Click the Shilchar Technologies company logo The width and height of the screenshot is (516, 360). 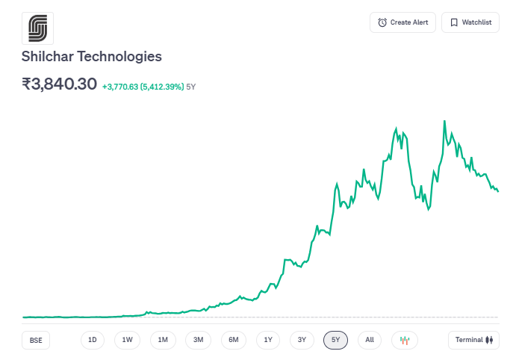pyautogui.click(x=37, y=28)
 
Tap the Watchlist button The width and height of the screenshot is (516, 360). pyautogui.click(x=470, y=22)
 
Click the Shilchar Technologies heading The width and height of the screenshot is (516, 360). pyautogui.click(x=92, y=56)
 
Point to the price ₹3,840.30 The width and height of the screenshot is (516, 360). pyautogui.click(x=60, y=84)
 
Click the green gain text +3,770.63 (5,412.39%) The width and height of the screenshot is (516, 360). pyautogui.click(x=143, y=87)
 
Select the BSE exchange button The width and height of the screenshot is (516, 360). pyautogui.click(x=36, y=340)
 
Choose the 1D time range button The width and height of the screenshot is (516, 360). pyautogui.click(x=93, y=340)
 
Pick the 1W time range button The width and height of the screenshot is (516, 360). pyautogui.click(x=127, y=340)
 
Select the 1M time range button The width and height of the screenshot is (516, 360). pyautogui.click(x=163, y=340)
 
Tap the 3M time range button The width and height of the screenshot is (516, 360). pyautogui.click(x=198, y=340)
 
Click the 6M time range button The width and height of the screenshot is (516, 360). pyautogui.click(x=233, y=340)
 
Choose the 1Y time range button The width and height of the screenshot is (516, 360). pyautogui.click(x=268, y=340)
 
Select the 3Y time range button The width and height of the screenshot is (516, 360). pyautogui.click(x=302, y=340)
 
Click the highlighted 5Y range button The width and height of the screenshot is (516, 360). pyautogui.click(x=336, y=340)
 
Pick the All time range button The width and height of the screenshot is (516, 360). pyautogui.click(x=370, y=340)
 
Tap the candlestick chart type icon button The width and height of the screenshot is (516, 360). pyautogui.click(x=405, y=340)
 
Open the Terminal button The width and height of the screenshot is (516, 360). pyautogui.click(x=473, y=340)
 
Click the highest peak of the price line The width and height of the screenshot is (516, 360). pyautogui.click(x=445, y=121)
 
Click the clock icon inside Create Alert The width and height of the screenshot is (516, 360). pyautogui.click(x=382, y=22)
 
